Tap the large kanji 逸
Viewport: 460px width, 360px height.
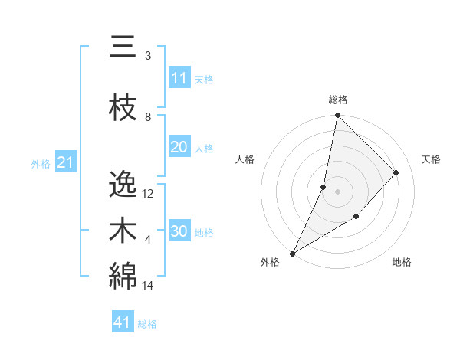pos(122,185)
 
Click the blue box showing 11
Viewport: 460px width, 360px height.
pos(179,78)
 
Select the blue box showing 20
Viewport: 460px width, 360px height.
pos(179,148)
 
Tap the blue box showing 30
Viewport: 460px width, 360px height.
pos(179,232)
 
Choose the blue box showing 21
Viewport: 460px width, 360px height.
pos(65,162)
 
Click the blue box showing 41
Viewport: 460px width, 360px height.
pos(123,322)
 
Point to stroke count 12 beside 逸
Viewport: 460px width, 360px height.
pos(148,194)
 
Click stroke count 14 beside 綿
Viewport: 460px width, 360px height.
pos(148,286)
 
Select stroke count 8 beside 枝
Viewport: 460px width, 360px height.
pos(148,117)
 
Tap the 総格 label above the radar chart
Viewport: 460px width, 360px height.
pos(337,100)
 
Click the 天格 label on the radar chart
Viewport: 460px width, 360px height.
pos(432,159)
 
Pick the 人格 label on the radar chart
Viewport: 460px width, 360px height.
pos(245,159)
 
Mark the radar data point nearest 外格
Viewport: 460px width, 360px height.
pos(292,253)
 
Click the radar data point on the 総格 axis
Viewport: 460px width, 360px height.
pos(337,115)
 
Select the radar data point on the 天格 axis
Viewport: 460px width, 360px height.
pos(396,172)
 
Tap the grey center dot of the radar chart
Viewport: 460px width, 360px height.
pos(337,191)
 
